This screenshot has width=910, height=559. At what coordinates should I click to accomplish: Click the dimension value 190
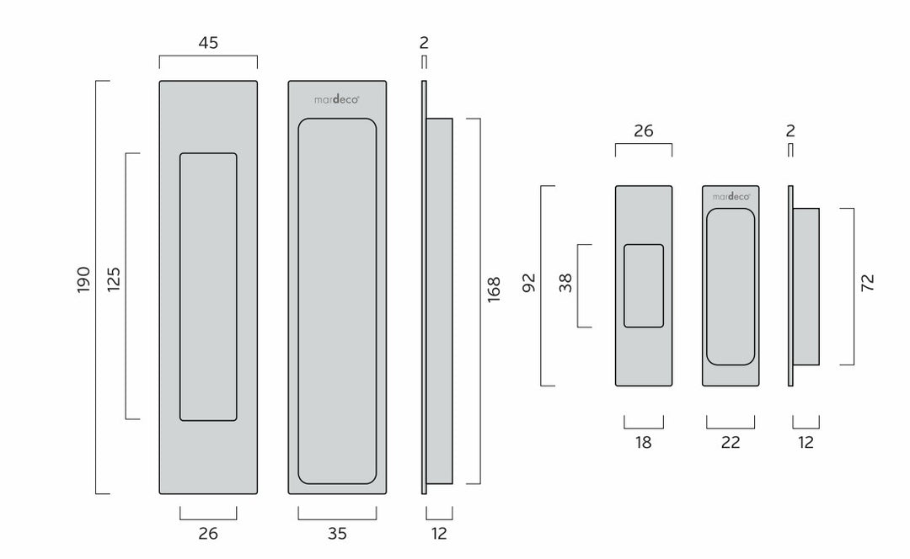[x=83, y=279]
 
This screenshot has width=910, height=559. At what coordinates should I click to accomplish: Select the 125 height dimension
[x=114, y=279]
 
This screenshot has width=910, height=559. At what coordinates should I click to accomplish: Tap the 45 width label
[x=208, y=43]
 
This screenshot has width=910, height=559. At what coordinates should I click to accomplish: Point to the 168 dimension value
[x=493, y=290]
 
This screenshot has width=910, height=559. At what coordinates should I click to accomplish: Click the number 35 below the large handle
[x=337, y=534]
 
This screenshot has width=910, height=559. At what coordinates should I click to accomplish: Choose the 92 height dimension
[x=528, y=282]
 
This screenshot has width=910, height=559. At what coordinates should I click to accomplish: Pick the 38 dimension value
[x=565, y=282]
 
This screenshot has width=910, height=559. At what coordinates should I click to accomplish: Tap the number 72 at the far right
[x=867, y=283]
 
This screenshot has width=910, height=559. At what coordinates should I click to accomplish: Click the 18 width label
[x=643, y=443]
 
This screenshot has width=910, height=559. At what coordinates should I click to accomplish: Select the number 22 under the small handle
[x=731, y=443]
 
